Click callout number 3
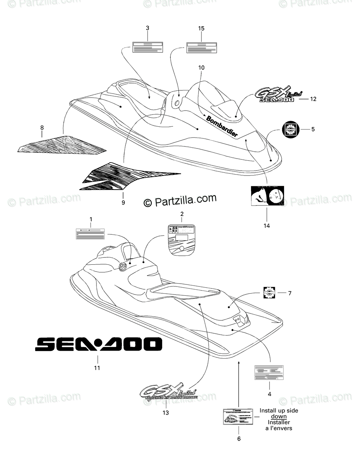click(147, 28)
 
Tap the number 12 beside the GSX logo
click(313, 98)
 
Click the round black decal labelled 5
click(291, 130)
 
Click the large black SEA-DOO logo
click(98, 344)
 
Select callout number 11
click(97, 368)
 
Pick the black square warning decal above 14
click(267, 196)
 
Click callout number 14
click(267, 226)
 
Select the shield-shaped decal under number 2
click(181, 239)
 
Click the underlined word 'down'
click(278, 416)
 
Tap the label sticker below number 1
click(90, 234)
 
